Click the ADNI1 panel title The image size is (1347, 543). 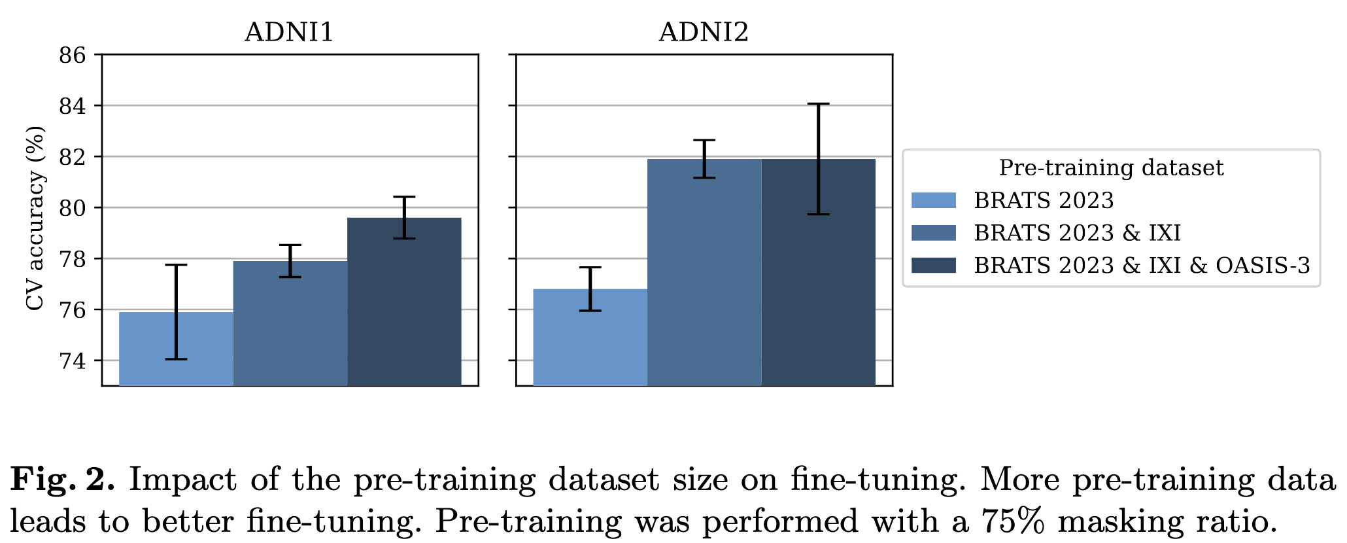pyautogui.click(x=289, y=32)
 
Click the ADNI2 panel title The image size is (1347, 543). pyautogui.click(x=703, y=32)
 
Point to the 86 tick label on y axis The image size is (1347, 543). pyautogui.click(x=73, y=55)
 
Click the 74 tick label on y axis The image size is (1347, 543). pyautogui.click(x=73, y=360)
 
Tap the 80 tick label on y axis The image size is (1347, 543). pyautogui.click(x=73, y=208)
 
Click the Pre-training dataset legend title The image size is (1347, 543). pyautogui.click(x=1111, y=168)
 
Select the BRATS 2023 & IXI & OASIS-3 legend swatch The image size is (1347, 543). pyautogui.click(x=934, y=265)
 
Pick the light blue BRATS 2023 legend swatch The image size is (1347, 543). pyautogui.click(x=934, y=200)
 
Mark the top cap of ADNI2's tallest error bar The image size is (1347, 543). pyautogui.click(x=818, y=103)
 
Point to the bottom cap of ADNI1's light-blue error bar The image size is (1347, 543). pyautogui.click(x=176, y=359)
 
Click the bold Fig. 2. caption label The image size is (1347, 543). pyautogui.click(x=63, y=480)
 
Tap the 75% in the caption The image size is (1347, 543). pyautogui.click(x=1013, y=521)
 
